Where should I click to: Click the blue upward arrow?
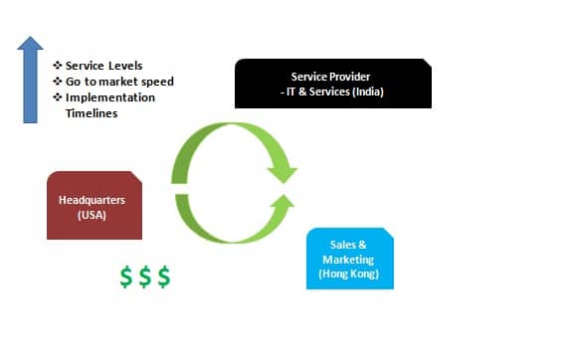[31, 85]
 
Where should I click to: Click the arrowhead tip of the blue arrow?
[31, 38]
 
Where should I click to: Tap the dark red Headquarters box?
[94, 206]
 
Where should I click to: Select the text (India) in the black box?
[365, 92]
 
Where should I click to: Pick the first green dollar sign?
[126, 277]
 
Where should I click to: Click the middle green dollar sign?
[144, 277]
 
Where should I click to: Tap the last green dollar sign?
[163, 277]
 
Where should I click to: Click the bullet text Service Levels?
[100, 66]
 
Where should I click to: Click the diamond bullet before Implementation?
[57, 97]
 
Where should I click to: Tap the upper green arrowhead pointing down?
[283, 170]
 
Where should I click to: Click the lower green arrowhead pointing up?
[283, 206]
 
